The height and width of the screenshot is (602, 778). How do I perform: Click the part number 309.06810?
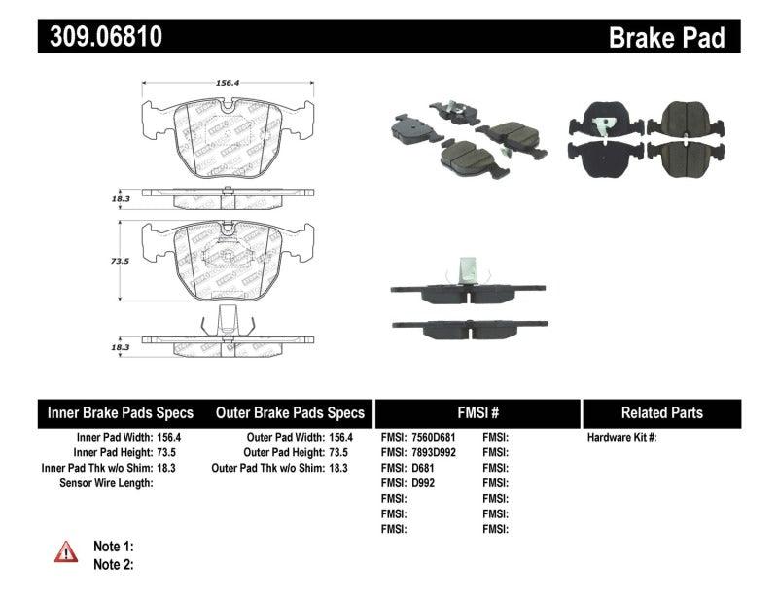coord(100,37)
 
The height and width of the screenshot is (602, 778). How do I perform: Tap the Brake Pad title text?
coord(666,37)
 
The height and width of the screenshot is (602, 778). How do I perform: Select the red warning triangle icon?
coord(66,552)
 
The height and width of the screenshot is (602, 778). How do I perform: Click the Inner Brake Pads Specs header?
coord(121,412)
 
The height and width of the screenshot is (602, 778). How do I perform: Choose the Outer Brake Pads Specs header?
coord(289,412)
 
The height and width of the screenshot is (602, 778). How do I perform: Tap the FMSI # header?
coord(477,412)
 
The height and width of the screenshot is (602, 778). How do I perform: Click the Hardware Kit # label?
coord(621,438)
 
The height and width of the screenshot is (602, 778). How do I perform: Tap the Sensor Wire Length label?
coord(106,482)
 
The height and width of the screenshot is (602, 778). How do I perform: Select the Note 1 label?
coord(113,547)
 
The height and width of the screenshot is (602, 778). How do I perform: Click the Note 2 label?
coord(113,564)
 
